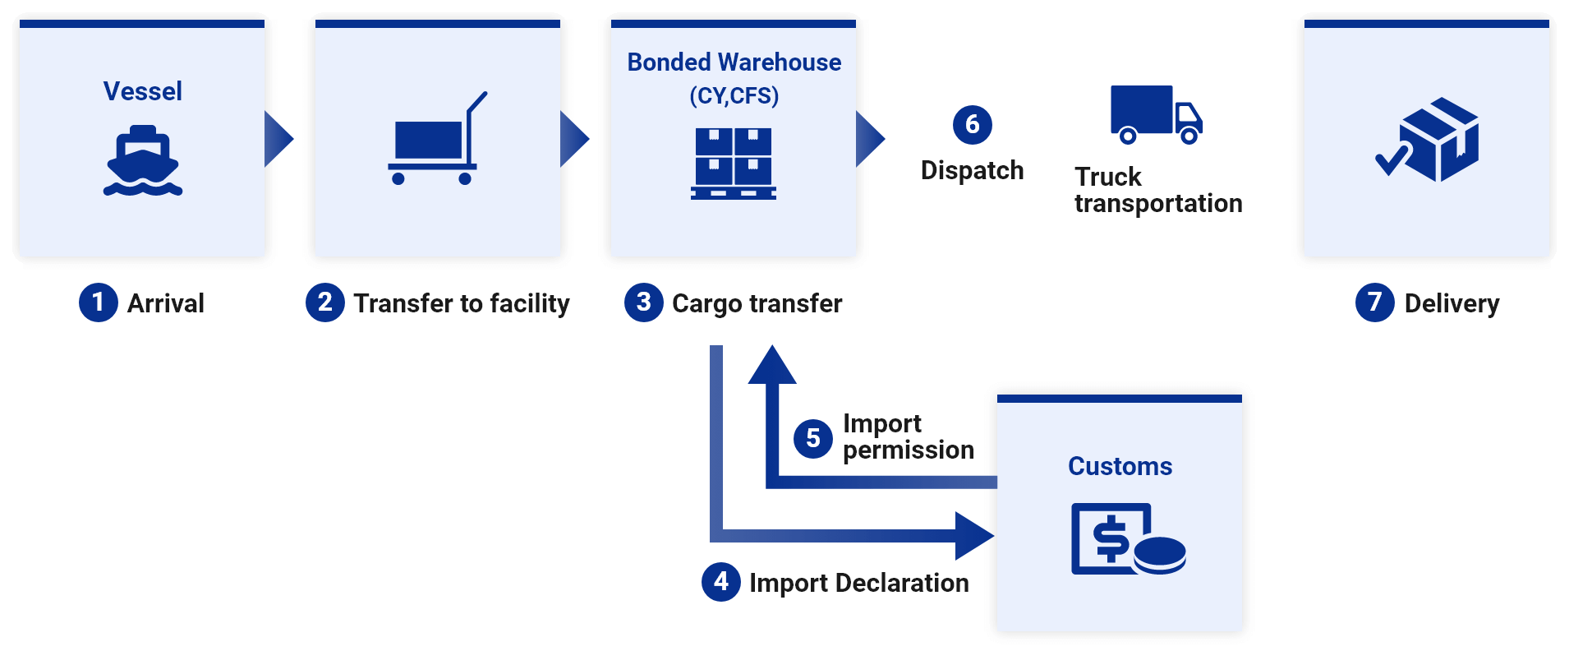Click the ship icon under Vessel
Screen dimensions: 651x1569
143,160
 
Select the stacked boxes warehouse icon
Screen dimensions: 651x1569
734,164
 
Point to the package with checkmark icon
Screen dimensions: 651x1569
1429,140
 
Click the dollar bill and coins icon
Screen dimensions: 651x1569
1128,539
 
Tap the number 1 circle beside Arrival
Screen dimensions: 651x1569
99,302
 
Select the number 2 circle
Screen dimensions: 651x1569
325,302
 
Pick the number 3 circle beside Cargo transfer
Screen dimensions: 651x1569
644,302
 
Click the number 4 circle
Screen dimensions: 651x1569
721,582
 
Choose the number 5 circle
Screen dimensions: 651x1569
813,438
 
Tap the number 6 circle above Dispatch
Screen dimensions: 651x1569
973,125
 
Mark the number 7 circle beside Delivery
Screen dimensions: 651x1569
1375,302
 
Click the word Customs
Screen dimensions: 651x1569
1120,466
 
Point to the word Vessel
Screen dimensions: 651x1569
143,91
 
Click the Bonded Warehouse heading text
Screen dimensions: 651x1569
734,62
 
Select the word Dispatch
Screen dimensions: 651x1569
973,170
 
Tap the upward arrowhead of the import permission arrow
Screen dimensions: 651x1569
772,366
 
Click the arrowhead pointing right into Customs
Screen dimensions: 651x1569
974,536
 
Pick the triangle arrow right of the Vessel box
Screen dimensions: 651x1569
278,140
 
